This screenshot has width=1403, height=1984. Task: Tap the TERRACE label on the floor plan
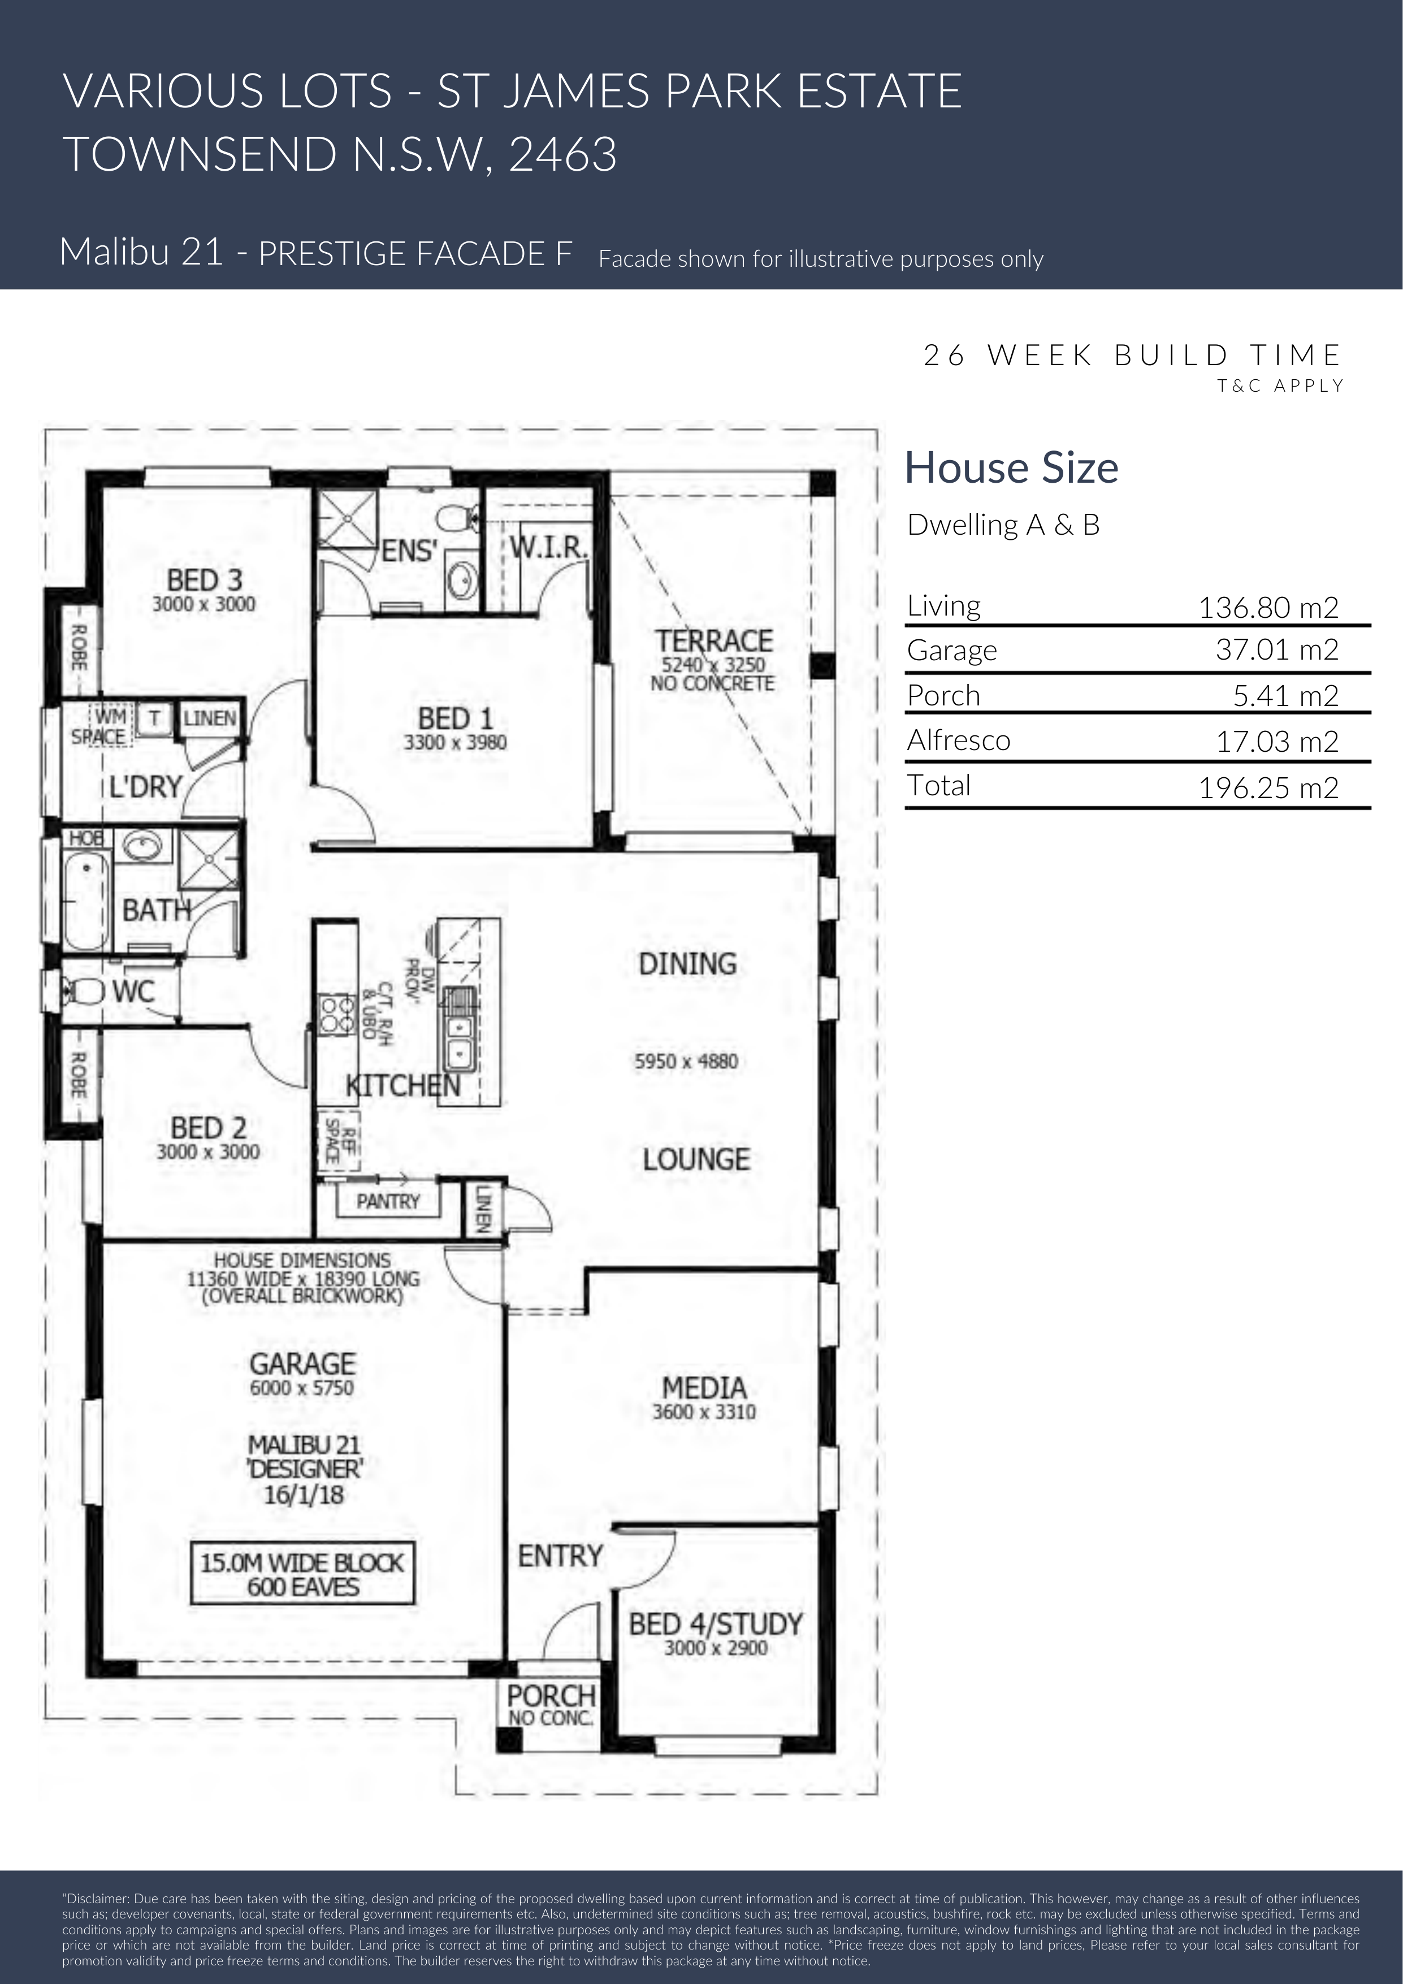(713, 640)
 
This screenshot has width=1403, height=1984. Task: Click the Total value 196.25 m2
(1268, 787)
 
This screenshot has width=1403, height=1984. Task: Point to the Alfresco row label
(958, 740)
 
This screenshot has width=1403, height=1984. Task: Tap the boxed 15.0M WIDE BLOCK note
(302, 1574)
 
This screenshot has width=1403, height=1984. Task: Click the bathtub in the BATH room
(85, 899)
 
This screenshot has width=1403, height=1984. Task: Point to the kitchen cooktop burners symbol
(337, 1015)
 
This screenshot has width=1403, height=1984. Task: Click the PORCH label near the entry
(551, 1695)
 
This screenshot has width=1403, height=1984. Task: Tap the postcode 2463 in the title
(562, 155)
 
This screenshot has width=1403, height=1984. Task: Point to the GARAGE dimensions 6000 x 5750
(302, 1387)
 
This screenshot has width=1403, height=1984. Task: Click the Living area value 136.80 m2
(1268, 608)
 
